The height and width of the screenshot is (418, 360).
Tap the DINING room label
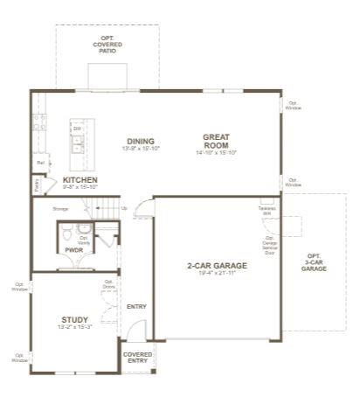coord(140,141)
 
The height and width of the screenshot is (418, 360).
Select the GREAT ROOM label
coord(216,141)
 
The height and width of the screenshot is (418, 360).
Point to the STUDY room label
coord(73,319)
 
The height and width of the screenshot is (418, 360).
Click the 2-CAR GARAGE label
coord(217,265)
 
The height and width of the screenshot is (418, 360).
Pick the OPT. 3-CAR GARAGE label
coord(314,261)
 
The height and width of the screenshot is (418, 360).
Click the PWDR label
coord(73,249)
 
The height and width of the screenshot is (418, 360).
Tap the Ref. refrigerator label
coord(40,163)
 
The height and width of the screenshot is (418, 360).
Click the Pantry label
coord(37,185)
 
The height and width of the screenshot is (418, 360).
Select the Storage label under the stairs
coord(60,209)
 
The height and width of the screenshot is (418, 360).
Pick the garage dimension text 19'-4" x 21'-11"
coord(217,274)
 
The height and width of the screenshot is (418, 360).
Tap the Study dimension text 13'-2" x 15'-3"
coord(73,328)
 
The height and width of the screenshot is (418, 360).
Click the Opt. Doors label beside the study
coord(108,284)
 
